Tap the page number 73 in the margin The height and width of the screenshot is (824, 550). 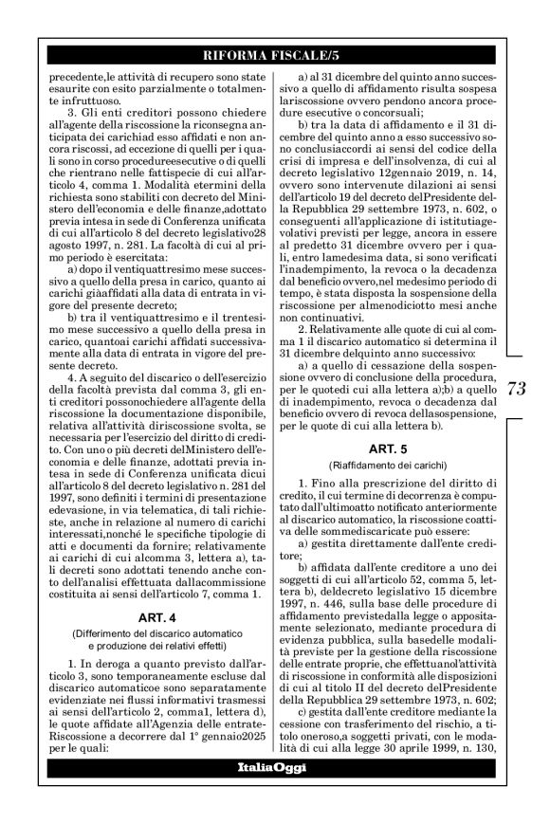point(520,413)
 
